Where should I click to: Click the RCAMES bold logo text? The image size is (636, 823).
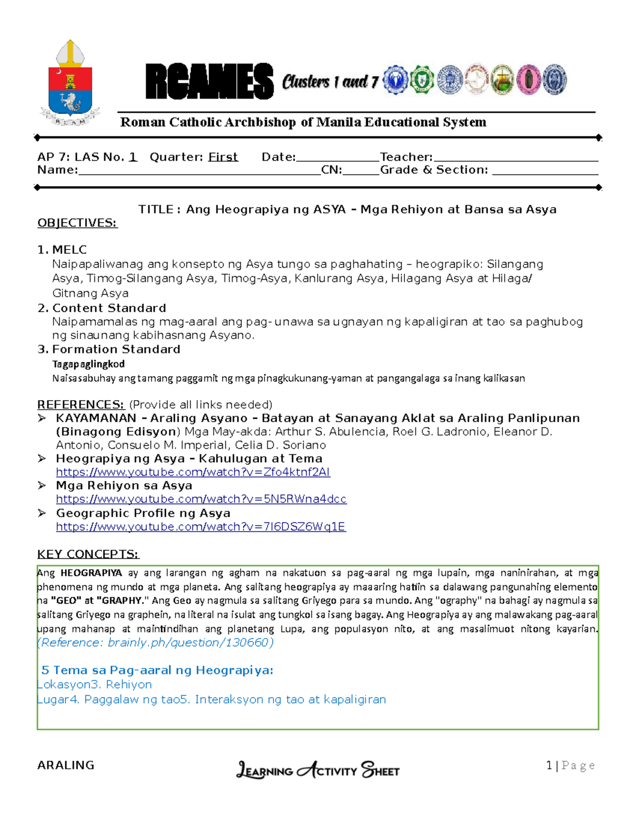tap(209, 82)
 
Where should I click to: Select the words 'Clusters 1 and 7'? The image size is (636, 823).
tap(330, 82)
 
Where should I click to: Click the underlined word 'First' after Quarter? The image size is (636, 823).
tap(223, 157)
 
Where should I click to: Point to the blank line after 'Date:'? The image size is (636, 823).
tap(338, 158)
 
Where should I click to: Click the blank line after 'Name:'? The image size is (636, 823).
tap(199, 171)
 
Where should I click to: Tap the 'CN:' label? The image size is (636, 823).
tap(331, 170)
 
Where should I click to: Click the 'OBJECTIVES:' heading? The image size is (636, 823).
tap(77, 223)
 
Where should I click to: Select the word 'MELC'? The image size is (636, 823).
tap(69, 250)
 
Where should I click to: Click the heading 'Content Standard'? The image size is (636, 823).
tap(109, 308)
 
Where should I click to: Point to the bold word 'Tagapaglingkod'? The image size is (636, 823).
tap(89, 364)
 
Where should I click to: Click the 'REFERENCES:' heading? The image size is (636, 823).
tap(81, 404)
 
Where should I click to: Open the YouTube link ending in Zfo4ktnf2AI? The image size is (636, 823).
tap(193, 472)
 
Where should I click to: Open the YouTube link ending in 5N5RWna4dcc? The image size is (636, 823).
tap(201, 499)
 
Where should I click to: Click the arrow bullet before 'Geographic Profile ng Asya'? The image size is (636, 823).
tap(42, 513)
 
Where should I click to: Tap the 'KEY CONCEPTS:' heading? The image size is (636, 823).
tap(88, 554)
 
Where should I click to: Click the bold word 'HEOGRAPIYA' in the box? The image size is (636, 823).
tap(91, 573)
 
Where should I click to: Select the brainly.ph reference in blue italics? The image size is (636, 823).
tap(155, 643)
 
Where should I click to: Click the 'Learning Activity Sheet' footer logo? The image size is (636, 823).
tap(317, 769)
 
